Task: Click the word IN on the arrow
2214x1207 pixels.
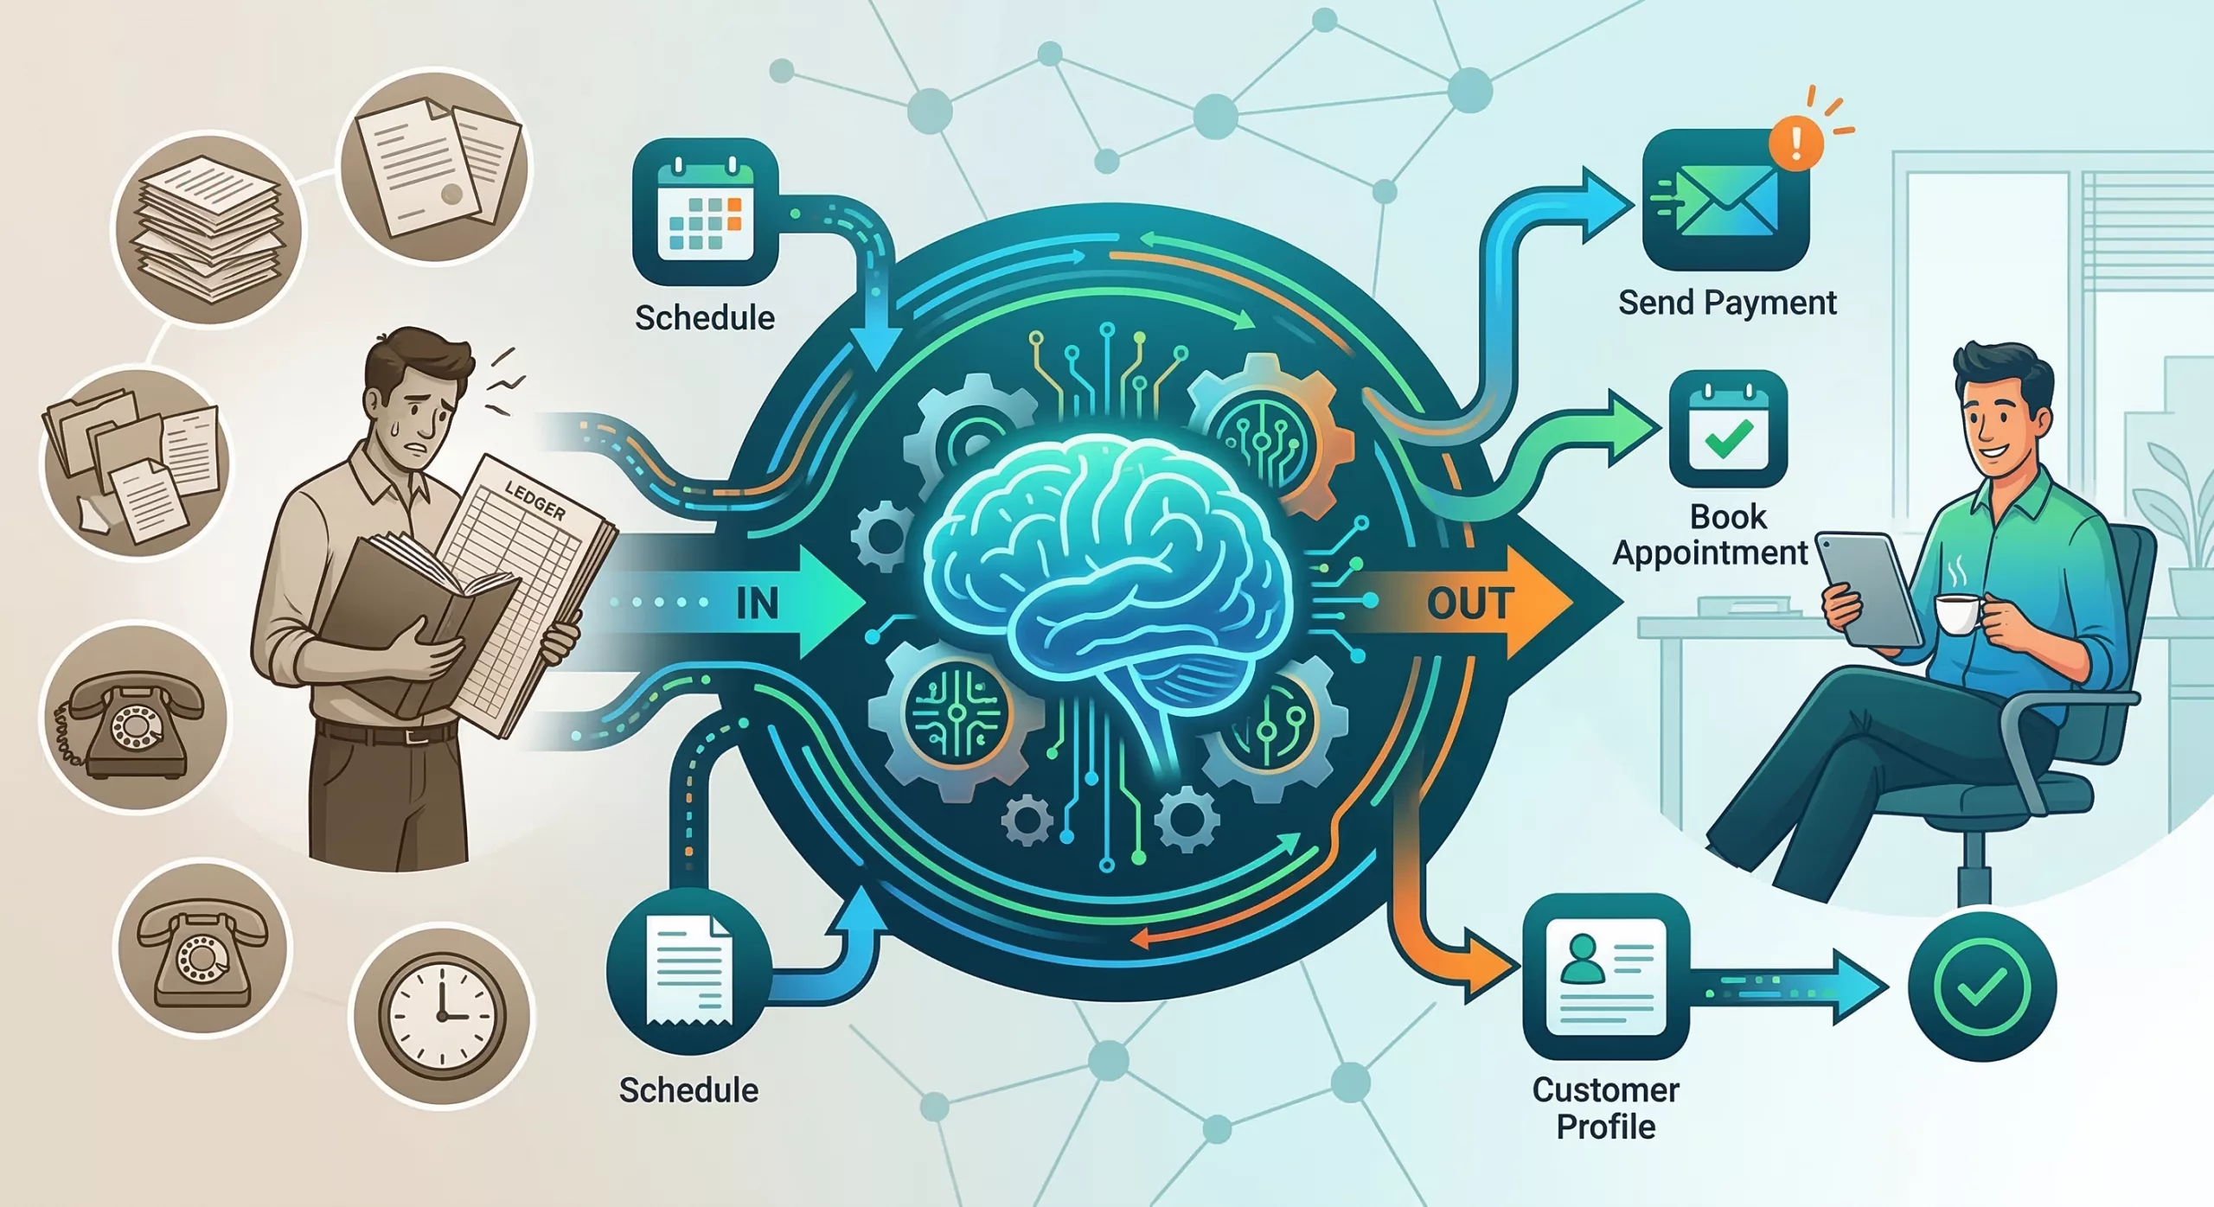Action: [757, 603]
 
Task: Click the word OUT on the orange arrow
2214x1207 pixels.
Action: [1469, 603]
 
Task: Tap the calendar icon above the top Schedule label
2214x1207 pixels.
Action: [705, 212]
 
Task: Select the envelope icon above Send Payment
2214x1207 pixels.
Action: [1725, 201]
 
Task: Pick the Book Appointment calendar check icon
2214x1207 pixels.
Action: [1728, 429]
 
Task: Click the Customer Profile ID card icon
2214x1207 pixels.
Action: [1606, 976]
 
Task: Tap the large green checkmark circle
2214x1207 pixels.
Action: [1981, 987]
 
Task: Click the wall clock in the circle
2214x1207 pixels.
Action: [441, 1015]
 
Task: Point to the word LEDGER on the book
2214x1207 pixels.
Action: [535, 501]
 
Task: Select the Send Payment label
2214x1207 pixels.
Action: [1727, 303]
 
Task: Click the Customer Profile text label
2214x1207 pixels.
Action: [1606, 1108]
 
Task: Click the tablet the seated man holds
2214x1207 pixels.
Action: [1868, 587]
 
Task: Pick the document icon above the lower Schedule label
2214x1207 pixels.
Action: [688, 971]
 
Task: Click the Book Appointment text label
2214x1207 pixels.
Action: [1710, 534]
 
